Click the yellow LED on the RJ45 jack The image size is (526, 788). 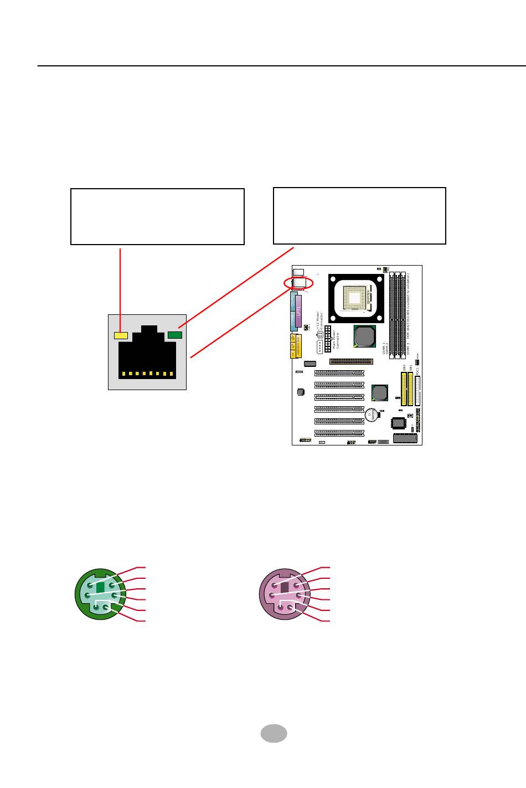121,335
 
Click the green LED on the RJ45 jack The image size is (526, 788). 175,334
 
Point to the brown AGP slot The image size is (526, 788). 351,361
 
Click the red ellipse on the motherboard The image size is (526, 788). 298,283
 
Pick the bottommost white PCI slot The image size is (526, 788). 339,433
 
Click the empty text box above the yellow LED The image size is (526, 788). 157,216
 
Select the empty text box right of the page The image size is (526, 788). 359,216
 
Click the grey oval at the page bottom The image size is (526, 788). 274,733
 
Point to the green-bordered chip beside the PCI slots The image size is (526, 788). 380,392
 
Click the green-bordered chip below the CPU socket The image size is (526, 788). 365,336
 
